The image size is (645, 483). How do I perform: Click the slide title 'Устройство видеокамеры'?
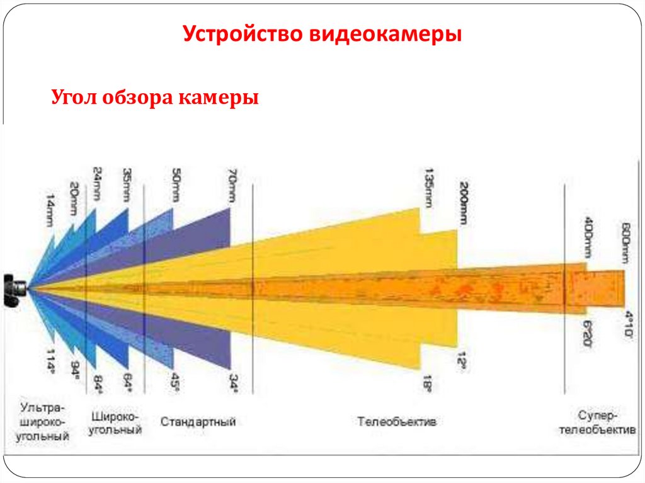click(x=322, y=34)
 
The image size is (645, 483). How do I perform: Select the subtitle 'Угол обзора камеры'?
click(x=155, y=98)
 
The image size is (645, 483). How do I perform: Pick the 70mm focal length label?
click(x=232, y=188)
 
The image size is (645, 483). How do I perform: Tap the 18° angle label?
click(x=428, y=382)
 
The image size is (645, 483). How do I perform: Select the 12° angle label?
click(x=462, y=360)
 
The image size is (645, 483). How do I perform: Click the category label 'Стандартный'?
click(x=198, y=421)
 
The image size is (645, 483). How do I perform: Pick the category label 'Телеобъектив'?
click(x=397, y=421)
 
